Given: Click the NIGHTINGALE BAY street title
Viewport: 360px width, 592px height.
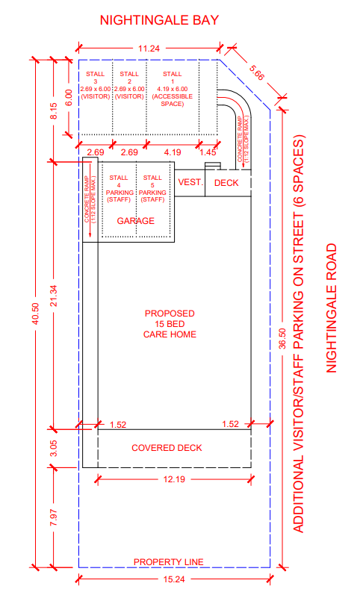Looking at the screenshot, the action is (159, 20).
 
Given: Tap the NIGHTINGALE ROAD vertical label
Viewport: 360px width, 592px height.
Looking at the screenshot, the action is (332, 308).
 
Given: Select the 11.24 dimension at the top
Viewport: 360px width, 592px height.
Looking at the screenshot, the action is (149, 49).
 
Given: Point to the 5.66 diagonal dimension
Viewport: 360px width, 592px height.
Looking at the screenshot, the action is (256, 73).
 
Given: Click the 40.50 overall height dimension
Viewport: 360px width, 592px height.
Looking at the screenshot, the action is (36, 314).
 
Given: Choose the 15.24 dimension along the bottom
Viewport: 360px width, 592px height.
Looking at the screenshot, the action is (174, 579).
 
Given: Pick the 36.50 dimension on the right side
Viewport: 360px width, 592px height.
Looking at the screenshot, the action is (282, 339).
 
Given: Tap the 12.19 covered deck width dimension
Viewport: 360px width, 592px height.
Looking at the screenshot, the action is (174, 479).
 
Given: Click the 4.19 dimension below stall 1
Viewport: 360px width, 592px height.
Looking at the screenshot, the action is (173, 152).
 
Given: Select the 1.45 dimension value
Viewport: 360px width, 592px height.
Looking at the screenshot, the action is (208, 152).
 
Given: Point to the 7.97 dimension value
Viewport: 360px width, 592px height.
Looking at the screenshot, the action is (54, 517).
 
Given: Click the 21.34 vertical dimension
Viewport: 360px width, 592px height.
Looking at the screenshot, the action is (54, 296).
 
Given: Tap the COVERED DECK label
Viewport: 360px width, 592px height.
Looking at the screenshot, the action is (167, 448).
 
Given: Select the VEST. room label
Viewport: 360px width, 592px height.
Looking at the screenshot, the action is (190, 182).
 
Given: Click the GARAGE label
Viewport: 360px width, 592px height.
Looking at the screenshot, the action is (136, 221).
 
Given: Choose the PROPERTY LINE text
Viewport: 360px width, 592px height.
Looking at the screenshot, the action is (169, 562).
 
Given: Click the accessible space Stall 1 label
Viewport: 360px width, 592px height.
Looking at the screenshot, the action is (173, 89).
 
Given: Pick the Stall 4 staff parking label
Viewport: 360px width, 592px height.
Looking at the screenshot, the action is (119, 188).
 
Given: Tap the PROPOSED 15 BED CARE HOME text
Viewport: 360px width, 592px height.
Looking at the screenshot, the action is (170, 324).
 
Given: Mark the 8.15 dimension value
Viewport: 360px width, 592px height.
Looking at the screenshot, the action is (54, 111).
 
